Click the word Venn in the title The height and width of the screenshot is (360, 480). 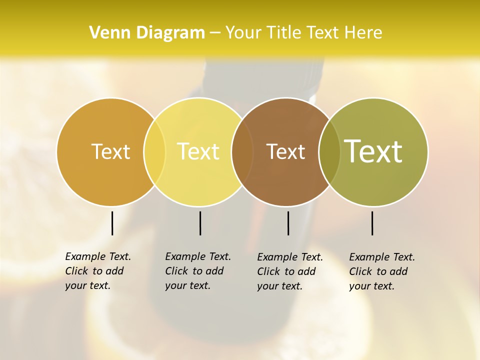(x=107, y=33)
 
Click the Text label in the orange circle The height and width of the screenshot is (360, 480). (x=110, y=151)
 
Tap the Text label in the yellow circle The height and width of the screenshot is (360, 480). (x=198, y=151)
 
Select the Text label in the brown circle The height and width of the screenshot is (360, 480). (x=285, y=151)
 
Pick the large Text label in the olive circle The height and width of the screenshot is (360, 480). (x=373, y=151)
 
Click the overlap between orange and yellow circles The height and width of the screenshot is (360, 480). (x=154, y=151)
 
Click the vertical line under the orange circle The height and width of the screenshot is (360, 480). (x=112, y=223)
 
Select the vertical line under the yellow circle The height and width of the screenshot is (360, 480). (x=200, y=223)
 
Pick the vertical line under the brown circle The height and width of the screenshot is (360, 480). (x=288, y=223)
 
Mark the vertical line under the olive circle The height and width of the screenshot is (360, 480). (x=372, y=223)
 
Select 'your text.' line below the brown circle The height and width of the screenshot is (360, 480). (x=280, y=286)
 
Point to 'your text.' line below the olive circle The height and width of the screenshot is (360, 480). (x=372, y=286)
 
